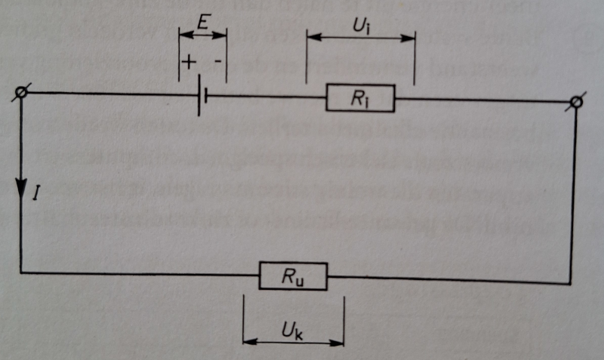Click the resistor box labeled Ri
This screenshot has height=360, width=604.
[360, 98]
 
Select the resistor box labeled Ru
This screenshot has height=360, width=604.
[294, 276]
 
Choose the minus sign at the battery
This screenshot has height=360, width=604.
[218, 64]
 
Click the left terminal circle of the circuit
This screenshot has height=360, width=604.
[21, 93]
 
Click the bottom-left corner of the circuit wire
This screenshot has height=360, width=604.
[21, 272]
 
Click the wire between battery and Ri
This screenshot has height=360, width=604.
[264, 97]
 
